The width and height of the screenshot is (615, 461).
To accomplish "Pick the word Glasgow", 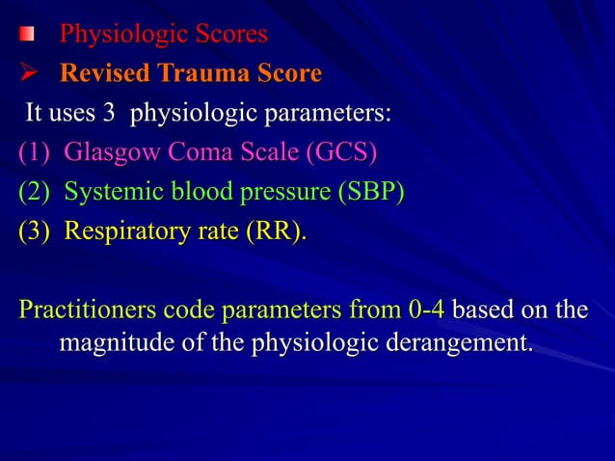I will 107,154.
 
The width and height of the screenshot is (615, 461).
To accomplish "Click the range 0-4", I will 426,311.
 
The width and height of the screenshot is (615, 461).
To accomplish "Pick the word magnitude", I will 110,342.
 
